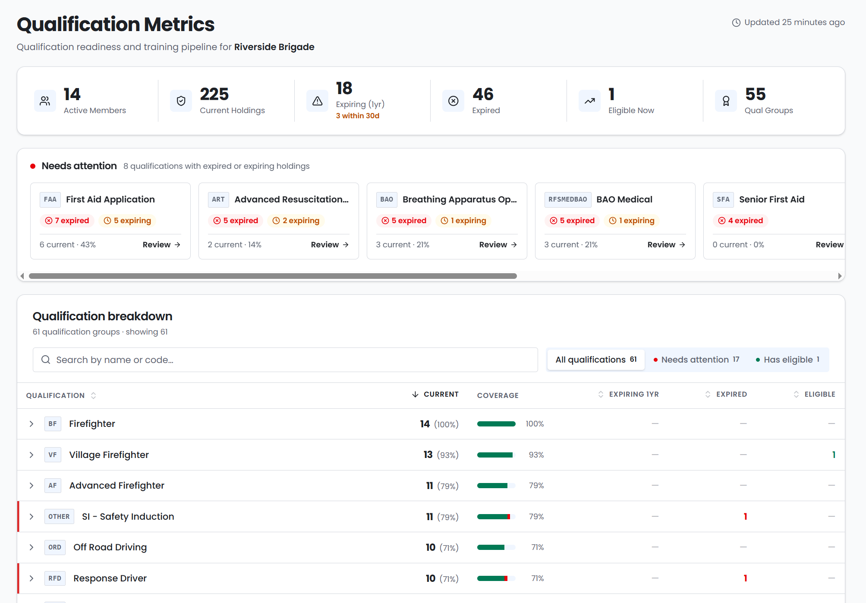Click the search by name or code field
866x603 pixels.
[285, 360]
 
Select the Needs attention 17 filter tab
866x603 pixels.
[696, 360]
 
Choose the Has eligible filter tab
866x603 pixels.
[787, 360]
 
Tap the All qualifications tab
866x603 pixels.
[596, 360]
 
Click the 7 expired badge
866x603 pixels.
[67, 221]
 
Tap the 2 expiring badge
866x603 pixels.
[296, 221]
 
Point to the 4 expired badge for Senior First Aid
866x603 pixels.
[740, 221]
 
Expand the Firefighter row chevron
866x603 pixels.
[31, 424]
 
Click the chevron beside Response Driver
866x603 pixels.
[31, 578]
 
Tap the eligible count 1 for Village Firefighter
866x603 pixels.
[834, 455]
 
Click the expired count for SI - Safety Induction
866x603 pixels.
[745, 516]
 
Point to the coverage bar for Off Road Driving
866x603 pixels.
[496, 547]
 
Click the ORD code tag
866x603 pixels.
[55, 547]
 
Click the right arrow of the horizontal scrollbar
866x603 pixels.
[840, 276]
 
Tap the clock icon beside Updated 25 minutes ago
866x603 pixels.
[736, 22]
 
